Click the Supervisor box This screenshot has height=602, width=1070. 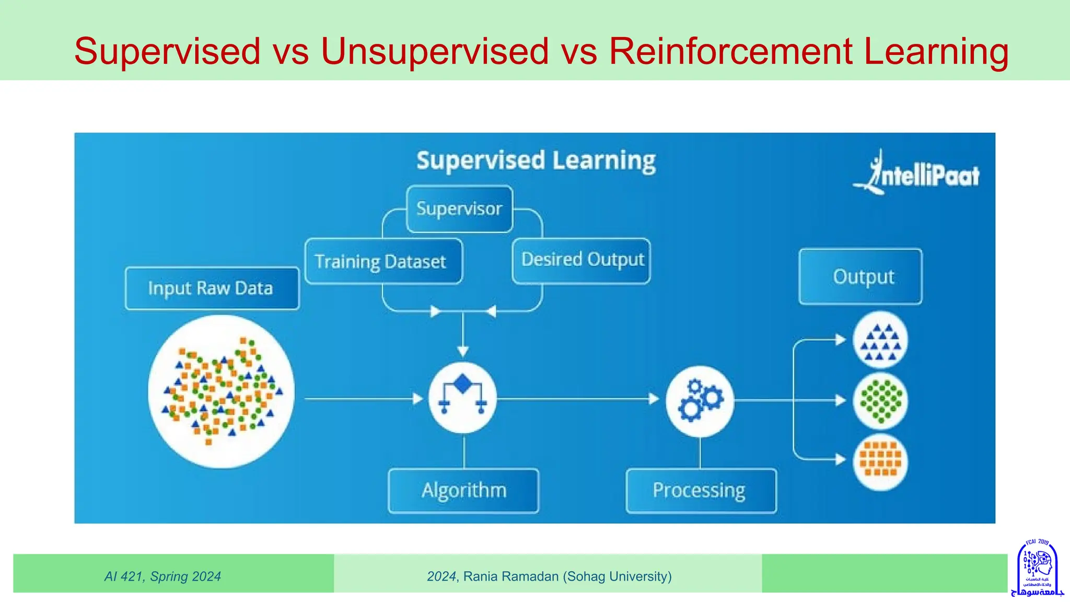coord(459,209)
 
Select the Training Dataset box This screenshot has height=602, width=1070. coord(383,261)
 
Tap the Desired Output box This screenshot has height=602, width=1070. coord(581,260)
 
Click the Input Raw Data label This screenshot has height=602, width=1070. coord(212,288)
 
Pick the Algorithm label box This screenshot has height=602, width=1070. coord(463,490)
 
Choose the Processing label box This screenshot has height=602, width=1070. coord(701,490)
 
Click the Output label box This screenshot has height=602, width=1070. coord(860,276)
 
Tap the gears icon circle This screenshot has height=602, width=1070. coord(700,401)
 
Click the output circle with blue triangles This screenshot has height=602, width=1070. coord(881,341)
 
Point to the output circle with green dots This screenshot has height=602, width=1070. coord(881,401)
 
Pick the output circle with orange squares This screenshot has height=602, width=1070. coord(881,461)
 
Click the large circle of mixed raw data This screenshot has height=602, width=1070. coord(221,391)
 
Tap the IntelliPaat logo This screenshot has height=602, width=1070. coord(917,174)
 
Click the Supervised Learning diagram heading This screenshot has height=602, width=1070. coord(536,160)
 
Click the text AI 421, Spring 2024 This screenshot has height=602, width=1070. coord(162,576)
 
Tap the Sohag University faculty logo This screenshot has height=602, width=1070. coord(1037,569)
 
